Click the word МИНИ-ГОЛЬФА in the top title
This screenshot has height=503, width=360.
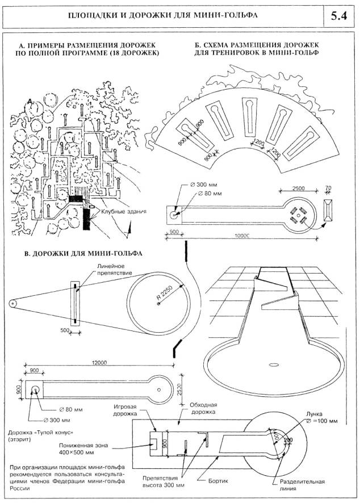point(224,15)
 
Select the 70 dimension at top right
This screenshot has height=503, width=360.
point(328,187)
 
